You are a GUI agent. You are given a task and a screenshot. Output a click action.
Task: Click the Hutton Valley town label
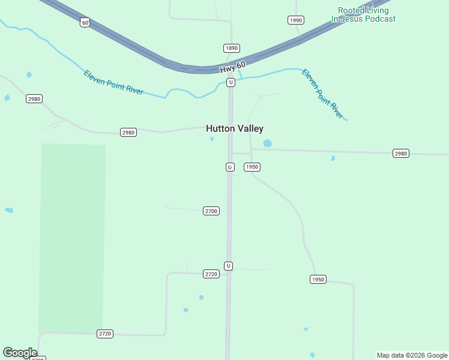pyautogui.click(x=234, y=128)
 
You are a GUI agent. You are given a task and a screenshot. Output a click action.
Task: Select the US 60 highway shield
pyautogui.click(x=85, y=22)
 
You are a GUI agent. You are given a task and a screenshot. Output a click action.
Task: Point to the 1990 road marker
pyautogui.click(x=295, y=20)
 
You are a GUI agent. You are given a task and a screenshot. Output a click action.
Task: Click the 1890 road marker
pyautogui.click(x=232, y=48)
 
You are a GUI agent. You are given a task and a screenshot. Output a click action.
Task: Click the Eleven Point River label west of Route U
pyautogui.click(x=113, y=82)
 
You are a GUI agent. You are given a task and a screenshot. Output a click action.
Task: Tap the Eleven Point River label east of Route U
pyautogui.click(x=322, y=94)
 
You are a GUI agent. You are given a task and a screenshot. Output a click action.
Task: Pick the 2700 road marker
pyautogui.click(x=211, y=211)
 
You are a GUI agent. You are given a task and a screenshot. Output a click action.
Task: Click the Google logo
pyautogui.click(x=20, y=353)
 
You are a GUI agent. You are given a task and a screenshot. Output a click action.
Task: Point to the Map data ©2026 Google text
pyautogui.click(x=412, y=355)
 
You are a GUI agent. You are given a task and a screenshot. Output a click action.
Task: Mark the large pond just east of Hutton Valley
pyautogui.click(x=267, y=143)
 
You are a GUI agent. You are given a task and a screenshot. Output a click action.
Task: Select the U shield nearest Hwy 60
pyautogui.click(x=231, y=82)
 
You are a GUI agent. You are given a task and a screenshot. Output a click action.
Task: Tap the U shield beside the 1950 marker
pyautogui.click(x=230, y=167)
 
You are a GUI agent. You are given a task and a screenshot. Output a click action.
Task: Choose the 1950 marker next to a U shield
pyautogui.click(x=252, y=167)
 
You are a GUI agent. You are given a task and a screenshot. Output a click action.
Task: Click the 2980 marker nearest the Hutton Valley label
pyautogui.click(x=128, y=132)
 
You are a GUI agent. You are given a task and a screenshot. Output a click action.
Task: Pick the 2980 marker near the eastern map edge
pyautogui.click(x=401, y=154)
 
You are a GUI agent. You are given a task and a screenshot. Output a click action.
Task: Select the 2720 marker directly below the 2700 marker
pyautogui.click(x=211, y=274)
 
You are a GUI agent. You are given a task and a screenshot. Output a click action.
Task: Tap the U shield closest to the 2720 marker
pyautogui.click(x=228, y=265)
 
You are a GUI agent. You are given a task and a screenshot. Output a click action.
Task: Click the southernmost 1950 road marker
pyautogui.click(x=318, y=279)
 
